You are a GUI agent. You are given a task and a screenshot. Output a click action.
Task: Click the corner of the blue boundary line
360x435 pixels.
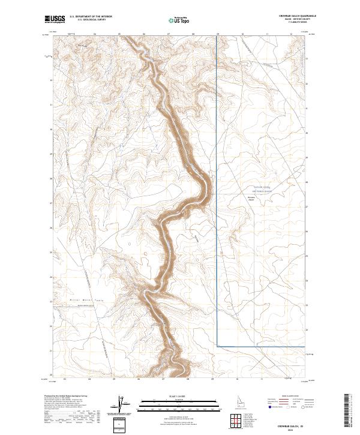coord(217,346)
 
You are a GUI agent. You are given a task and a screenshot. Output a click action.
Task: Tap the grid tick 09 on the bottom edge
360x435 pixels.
coord(213,379)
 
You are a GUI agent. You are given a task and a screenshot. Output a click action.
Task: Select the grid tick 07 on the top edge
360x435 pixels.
coord(169,34)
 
